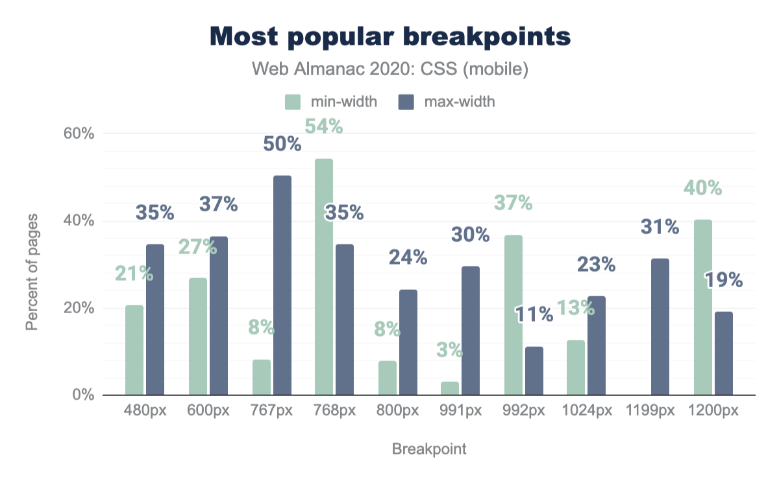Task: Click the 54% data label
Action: [323, 126]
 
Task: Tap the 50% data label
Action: [282, 143]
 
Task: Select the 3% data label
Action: [450, 351]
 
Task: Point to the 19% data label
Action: [723, 279]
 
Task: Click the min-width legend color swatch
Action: [293, 102]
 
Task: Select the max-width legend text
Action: [460, 102]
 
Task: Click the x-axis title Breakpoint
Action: [429, 449]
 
